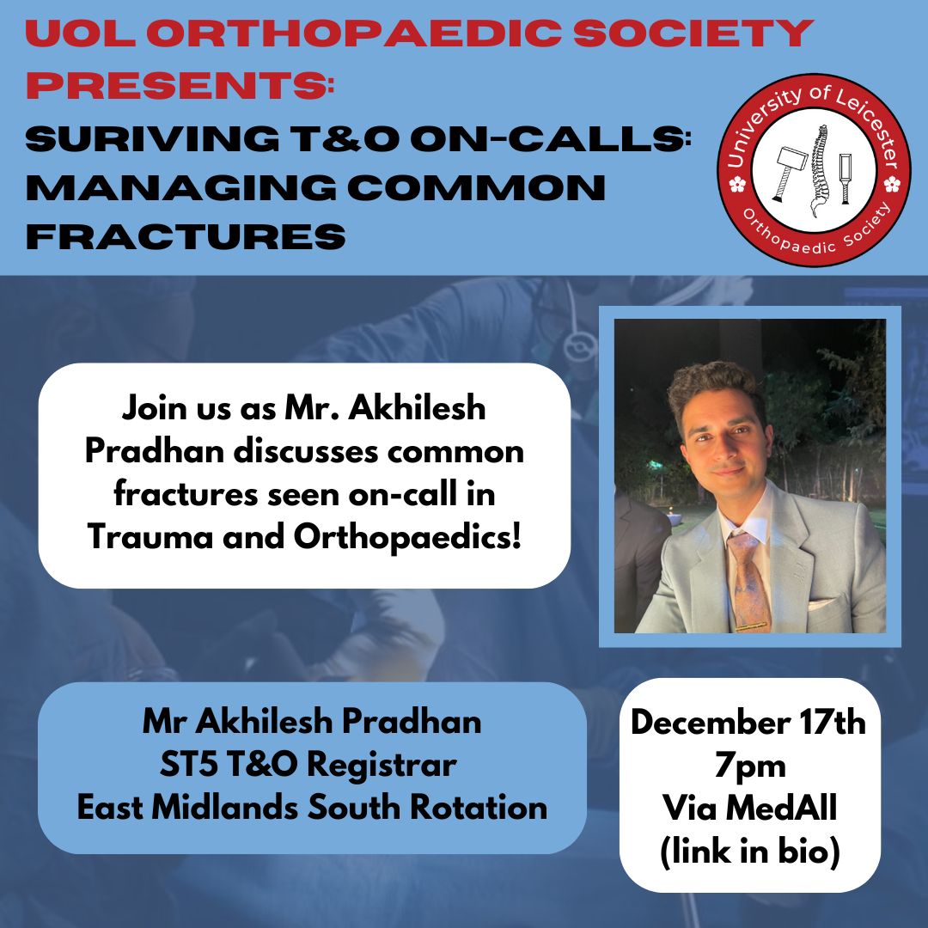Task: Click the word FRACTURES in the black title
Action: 186,235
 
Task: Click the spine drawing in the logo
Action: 821,171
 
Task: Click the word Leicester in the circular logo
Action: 870,124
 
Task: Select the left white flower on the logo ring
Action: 736,185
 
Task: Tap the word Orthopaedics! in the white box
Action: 408,537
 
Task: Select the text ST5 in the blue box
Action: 188,765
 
